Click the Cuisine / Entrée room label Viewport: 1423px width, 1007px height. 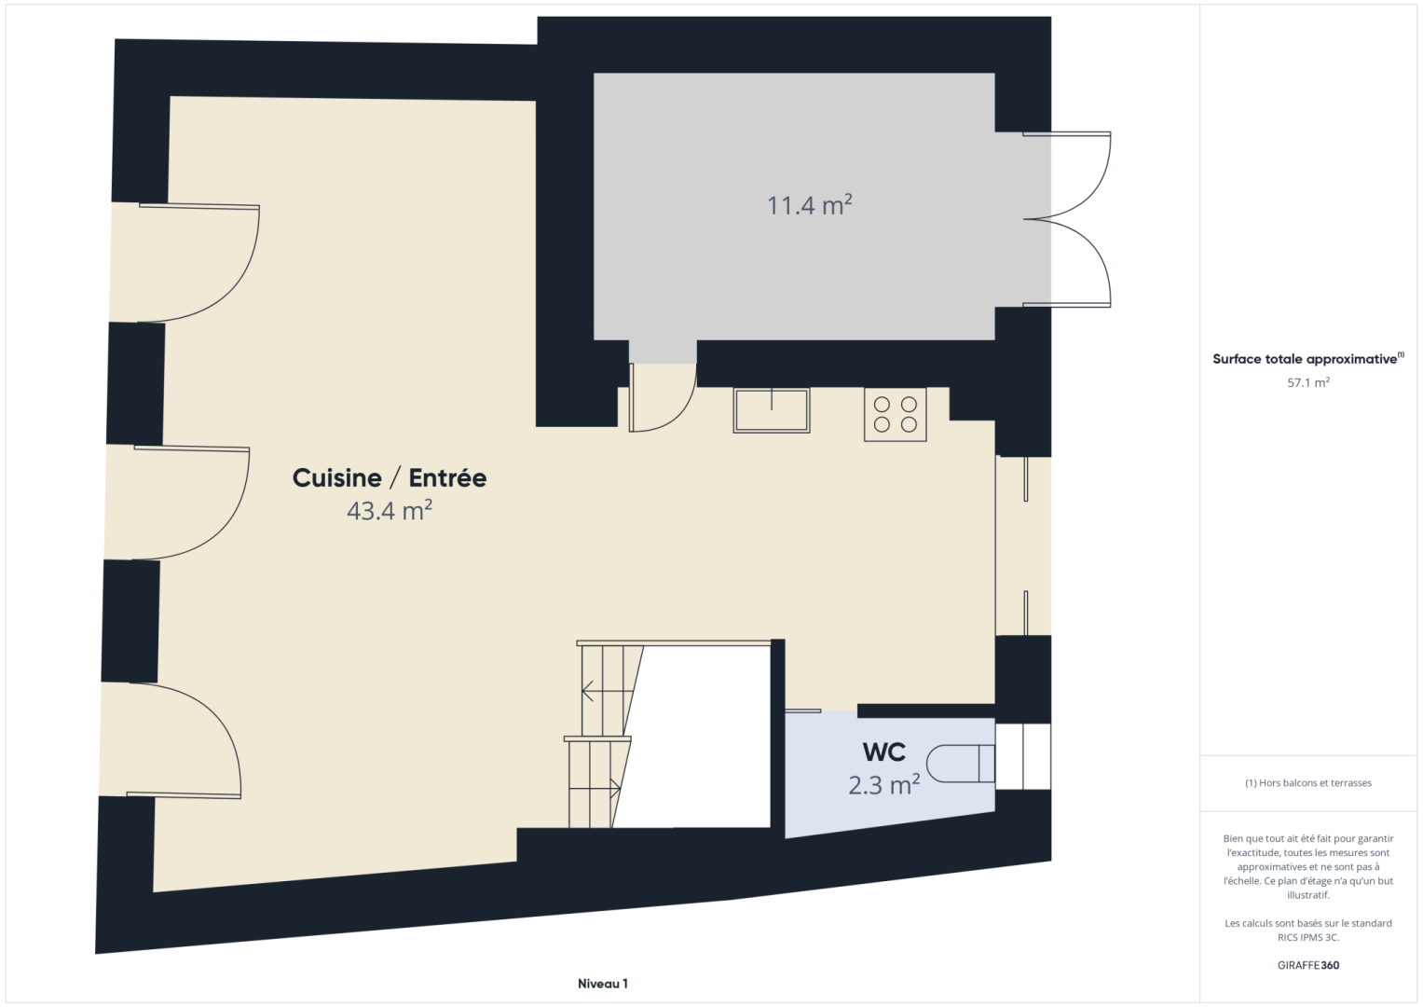390,478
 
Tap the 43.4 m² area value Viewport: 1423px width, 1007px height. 390,511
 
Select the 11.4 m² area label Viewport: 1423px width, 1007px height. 809,205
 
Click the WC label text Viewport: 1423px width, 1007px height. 883,752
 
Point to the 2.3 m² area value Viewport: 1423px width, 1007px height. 883,785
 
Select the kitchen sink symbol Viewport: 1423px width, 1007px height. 772,410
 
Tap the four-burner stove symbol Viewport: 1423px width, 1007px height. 896,414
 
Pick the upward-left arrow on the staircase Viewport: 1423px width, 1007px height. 588,690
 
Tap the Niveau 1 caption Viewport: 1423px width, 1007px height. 602,984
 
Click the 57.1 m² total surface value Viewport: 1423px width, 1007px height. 1308,382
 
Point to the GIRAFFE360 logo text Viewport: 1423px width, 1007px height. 1308,965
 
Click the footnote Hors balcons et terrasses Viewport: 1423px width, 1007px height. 1308,782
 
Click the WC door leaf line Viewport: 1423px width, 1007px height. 803,710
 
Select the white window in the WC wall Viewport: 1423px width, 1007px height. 1023,756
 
